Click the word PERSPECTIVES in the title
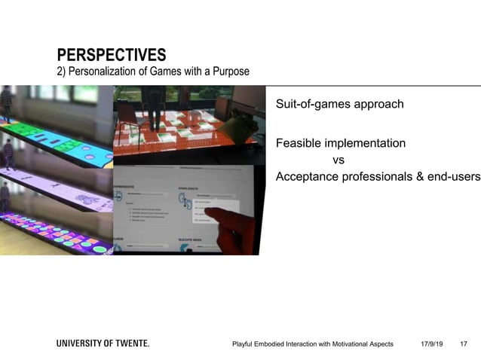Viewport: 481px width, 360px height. (112, 55)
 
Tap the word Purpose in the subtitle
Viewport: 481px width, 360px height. (229, 72)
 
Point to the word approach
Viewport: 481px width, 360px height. (378, 104)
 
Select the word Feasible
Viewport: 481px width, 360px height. (299, 143)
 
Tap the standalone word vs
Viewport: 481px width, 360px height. (339, 160)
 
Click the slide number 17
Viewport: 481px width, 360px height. (463, 344)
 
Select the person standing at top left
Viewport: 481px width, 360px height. (7, 102)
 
